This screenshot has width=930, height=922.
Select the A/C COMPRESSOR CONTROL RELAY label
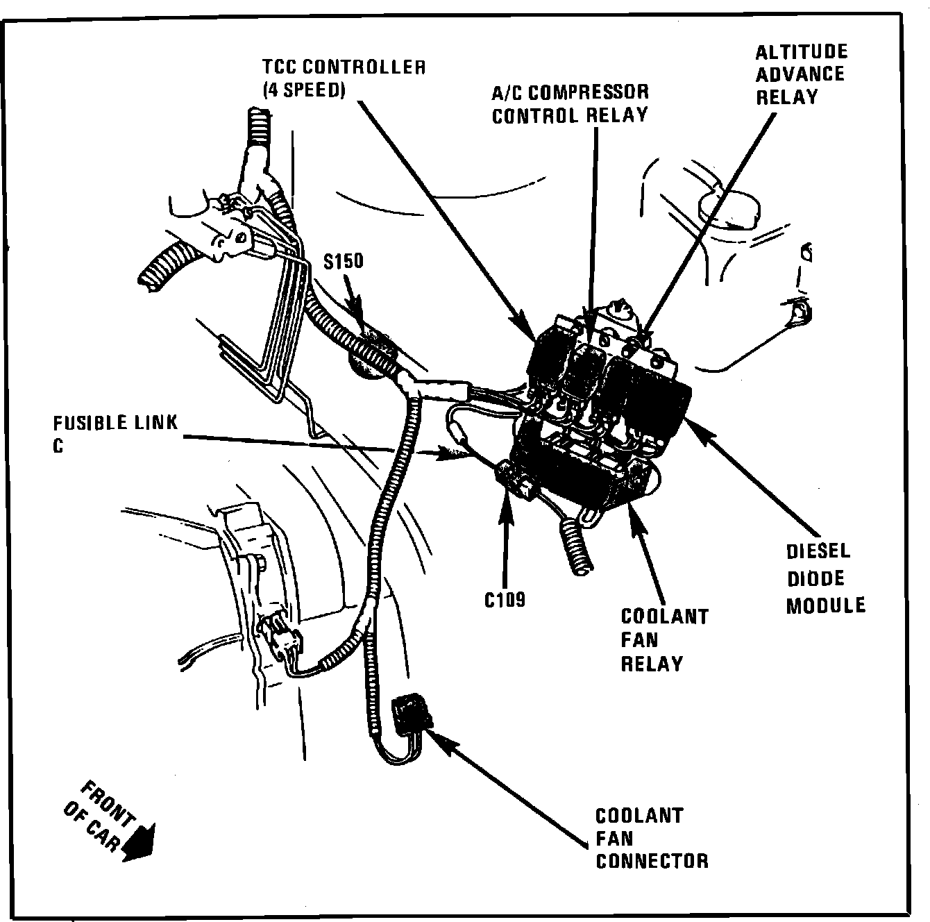click(x=570, y=103)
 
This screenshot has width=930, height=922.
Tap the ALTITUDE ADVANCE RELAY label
click(x=800, y=74)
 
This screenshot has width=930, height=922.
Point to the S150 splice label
click(x=343, y=261)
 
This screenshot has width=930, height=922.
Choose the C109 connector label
click(x=505, y=598)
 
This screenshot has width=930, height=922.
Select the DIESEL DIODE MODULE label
click(x=825, y=578)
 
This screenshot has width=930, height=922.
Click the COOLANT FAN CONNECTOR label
click(x=652, y=838)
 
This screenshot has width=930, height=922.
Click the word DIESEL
click(x=818, y=552)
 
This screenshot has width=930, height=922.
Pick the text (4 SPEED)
click(x=303, y=90)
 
